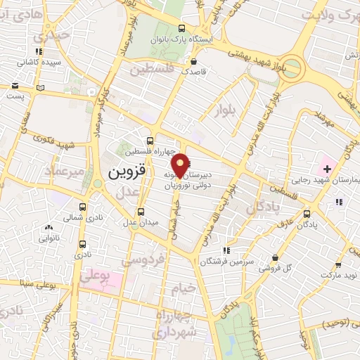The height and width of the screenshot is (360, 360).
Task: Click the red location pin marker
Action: [x=181, y=165]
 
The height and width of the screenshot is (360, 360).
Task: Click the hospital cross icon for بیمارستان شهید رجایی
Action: [x=327, y=169]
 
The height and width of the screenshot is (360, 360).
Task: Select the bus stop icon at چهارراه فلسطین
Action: [x=149, y=141]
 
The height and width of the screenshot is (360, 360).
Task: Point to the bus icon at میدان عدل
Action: [x=141, y=211]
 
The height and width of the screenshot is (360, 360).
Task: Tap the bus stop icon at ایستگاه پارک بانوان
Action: [x=181, y=29]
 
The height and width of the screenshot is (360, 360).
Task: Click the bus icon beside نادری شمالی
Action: [x=83, y=207]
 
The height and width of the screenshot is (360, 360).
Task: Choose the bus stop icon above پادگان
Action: [x=307, y=214]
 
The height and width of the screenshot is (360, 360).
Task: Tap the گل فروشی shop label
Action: [x=275, y=268]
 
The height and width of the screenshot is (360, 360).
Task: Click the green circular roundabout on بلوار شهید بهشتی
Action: [x=293, y=69]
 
